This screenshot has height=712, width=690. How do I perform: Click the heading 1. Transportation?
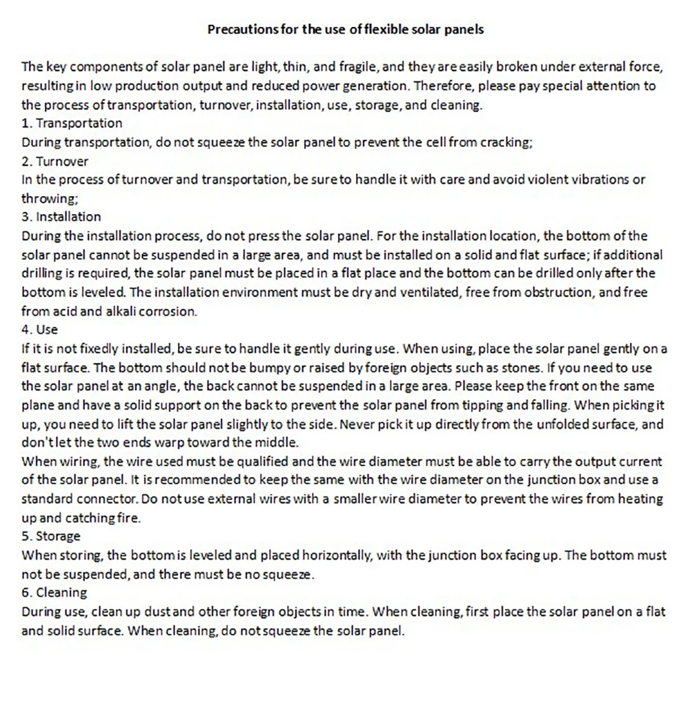(x=72, y=124)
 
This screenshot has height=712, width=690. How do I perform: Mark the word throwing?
(x=46, y=199)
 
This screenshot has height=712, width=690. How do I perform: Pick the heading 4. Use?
(x=40, y=330)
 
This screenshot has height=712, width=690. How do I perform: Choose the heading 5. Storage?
(x=51, y=537)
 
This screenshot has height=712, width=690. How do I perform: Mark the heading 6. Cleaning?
(x=55, y=593)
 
